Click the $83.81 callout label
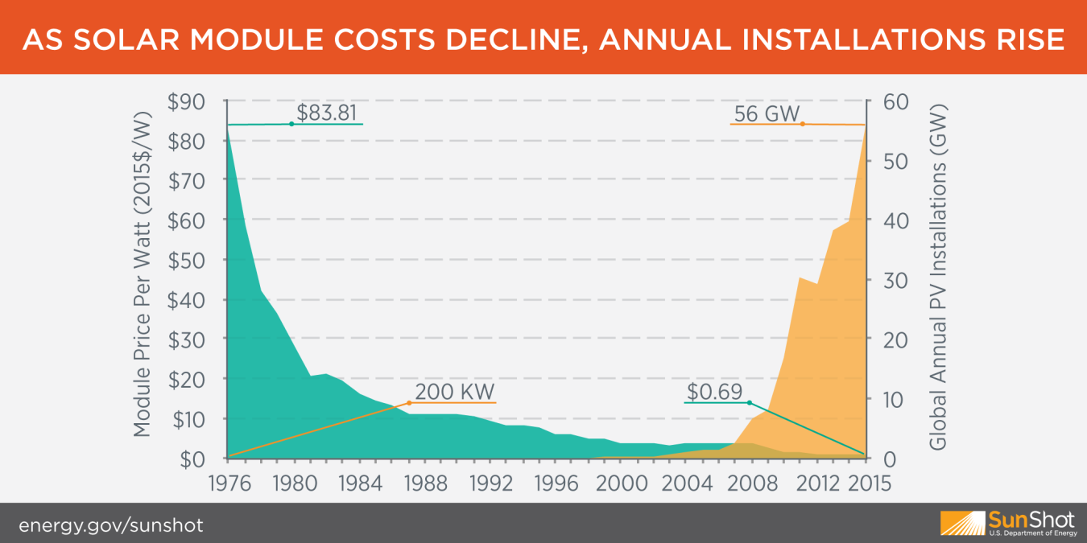click(327, 113)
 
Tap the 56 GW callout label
click(756, 114)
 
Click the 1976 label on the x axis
click(228, 483)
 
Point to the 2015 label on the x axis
click(868, 483)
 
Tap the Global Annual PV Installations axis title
click(936, 278)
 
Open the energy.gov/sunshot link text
click(111, 526)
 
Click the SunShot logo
click(1007, 523)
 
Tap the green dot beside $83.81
click(291, 124)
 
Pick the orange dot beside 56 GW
click(803, 124)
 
